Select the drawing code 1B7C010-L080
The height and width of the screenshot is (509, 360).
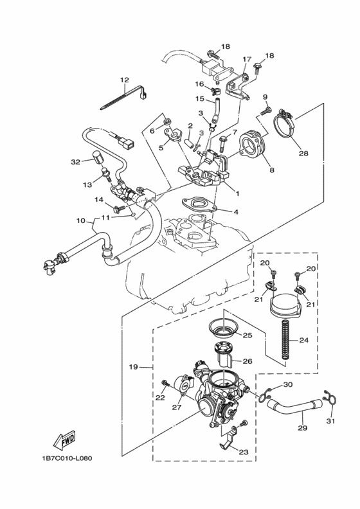[64, 458]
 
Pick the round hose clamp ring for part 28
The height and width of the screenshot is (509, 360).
[286, 128]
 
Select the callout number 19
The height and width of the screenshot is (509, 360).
[134, 367]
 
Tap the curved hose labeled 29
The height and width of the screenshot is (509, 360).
[292, 409]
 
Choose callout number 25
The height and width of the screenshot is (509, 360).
[247, 335]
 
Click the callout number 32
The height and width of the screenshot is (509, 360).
[75, 162]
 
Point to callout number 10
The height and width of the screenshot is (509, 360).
[81, 220]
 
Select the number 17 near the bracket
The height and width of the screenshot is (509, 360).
[246, 59]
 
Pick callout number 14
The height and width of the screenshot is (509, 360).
[98, 200]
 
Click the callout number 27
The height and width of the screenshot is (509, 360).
[176, 407]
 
